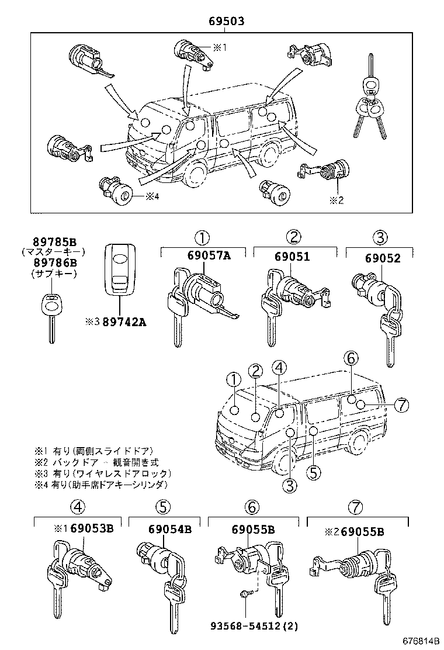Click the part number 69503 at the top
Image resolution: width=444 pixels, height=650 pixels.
(226, 22)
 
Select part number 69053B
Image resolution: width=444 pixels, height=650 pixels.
(91, 529)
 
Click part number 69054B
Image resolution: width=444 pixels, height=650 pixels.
(170, 530)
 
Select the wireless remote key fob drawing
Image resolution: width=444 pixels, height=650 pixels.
(119, 269)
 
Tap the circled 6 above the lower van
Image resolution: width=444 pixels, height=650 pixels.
(351, 358)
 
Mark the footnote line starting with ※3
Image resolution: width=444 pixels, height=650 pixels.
(103, 473)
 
